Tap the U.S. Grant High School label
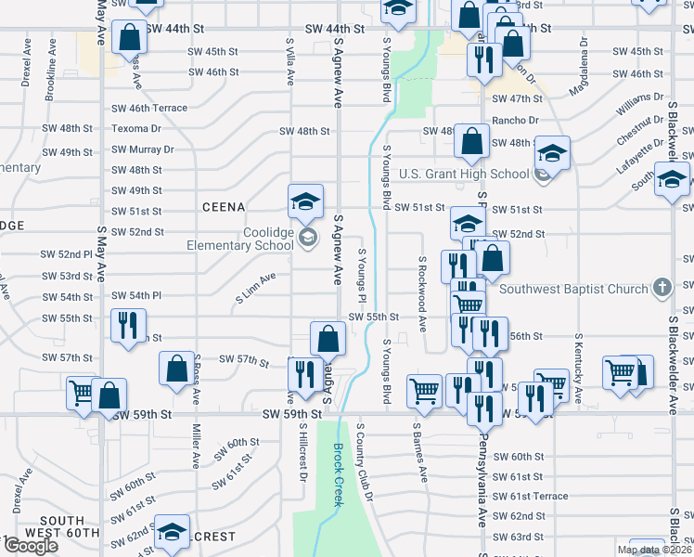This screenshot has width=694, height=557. (464, 174)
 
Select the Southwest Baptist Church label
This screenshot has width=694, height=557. (573, 289)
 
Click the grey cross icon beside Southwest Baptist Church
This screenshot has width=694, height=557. (662, 288)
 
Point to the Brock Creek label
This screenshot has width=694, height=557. (338, 474)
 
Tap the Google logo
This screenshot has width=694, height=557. (31, 545)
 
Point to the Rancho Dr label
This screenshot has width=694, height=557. (515, 120)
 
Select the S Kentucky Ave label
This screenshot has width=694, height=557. (579, 367)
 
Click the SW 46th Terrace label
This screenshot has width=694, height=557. (149, 108)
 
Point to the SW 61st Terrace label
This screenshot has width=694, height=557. (530, 496)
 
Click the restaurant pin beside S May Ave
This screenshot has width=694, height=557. (127, 327)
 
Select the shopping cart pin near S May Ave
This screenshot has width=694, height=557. (81, 394)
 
